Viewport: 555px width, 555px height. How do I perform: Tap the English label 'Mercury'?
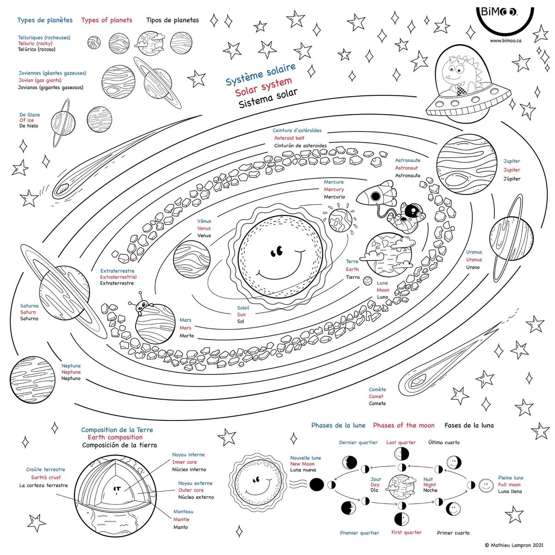pos(334,190)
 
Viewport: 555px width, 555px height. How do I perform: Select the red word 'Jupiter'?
pos(512,170)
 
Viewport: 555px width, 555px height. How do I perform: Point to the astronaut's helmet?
pos(411,211)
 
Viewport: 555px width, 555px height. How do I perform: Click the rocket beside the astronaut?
pos(376,195)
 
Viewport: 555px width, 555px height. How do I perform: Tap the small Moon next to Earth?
pos(368,280)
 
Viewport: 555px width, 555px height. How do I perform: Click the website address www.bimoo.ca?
pos(506,41)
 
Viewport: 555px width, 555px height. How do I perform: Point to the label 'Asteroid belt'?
pos(289,138)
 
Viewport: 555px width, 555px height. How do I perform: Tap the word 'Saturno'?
pos(29,319)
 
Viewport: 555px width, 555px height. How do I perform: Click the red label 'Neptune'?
pos(71,372)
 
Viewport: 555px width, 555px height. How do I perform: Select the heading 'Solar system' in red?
pos(263,86)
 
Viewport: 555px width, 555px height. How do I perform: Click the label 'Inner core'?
pos(185,462)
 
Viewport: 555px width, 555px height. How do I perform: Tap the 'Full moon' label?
pos(509,485)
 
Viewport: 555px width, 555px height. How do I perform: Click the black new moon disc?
pos(317,485)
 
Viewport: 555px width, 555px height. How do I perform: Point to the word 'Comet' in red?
pos(376,396)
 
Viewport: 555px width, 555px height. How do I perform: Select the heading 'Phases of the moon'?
pos(404,425)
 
